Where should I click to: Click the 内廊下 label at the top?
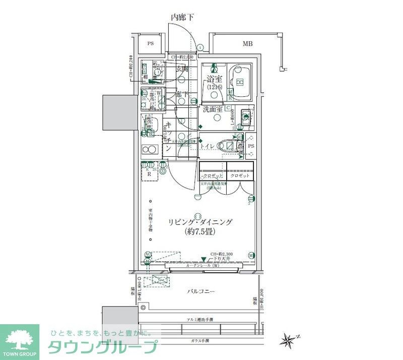pos(182,17)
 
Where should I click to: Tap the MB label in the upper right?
pos(247,44)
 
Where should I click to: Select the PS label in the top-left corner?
pos(150,44)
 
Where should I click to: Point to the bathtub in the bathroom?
pos(241,82)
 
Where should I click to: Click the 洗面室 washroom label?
pos(213,108)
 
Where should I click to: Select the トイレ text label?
pos(209,146)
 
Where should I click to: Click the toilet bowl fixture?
pos(229,146)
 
